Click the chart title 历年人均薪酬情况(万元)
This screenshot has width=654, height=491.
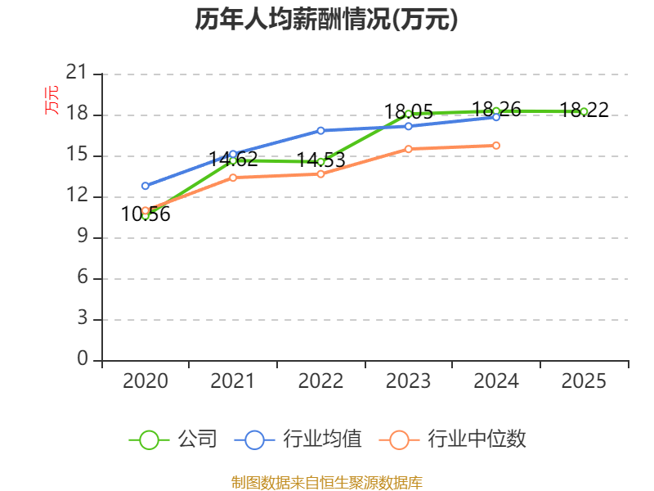coord(326,20)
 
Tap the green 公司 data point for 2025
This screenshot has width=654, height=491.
coord(584,111)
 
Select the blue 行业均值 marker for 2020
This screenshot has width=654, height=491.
coord(146,186)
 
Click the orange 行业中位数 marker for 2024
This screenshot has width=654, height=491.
coord(496,146)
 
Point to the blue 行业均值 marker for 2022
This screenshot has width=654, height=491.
coord(320,130)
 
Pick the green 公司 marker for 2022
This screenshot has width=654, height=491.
coord(320,161)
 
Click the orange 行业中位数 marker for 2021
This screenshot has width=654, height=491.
coord(233,178)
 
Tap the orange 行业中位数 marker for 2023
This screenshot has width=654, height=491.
coord(409,149)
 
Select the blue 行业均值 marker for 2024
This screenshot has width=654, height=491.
coord(496,117)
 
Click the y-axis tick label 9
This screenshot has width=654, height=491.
coord(82,237)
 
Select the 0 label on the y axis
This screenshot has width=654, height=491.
coord(82,360)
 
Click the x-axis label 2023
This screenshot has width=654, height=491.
coord(409,381)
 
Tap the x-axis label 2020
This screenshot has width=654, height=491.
coord(146,381)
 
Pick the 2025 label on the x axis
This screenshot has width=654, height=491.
coord(584,381)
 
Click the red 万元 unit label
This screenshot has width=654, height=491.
coord(52,100)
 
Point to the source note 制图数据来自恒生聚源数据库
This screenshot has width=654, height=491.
coord(326,482)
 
